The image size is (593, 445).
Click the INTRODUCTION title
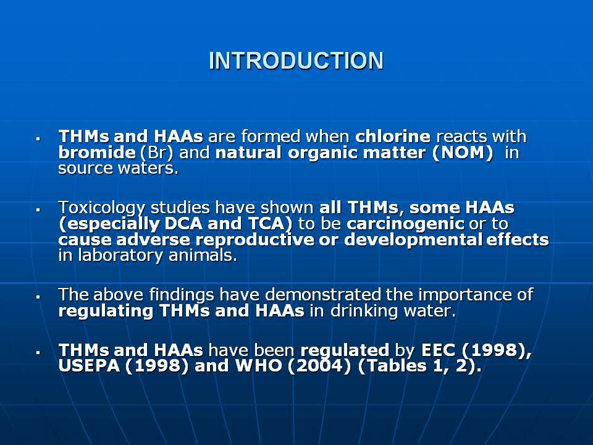(296, 61)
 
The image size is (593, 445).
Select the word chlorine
(393, 136)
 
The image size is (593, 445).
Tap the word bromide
(97, 153)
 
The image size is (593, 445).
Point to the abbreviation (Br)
(156, 153)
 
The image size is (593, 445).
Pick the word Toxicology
(101, 208)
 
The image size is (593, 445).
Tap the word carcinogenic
(405, 224)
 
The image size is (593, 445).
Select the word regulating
(106, 311)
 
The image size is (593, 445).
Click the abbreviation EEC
(439, 350)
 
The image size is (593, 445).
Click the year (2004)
(319, 366)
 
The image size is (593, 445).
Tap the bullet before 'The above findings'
(38, 297)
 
